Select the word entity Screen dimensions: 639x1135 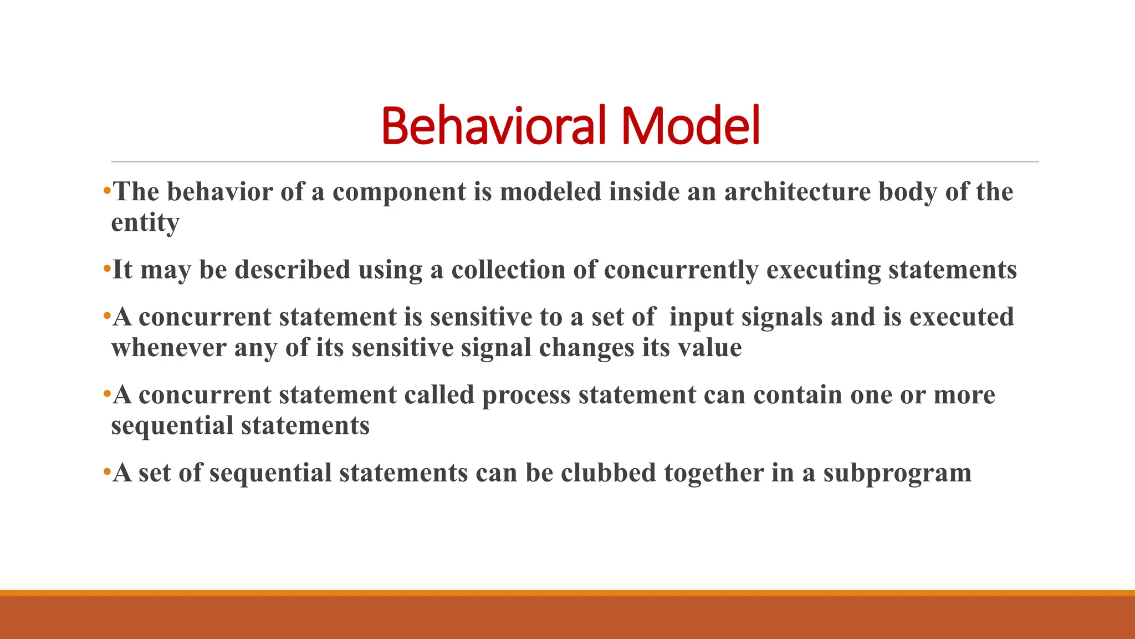tap(145, 223)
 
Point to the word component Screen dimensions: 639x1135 tap(399, 192)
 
